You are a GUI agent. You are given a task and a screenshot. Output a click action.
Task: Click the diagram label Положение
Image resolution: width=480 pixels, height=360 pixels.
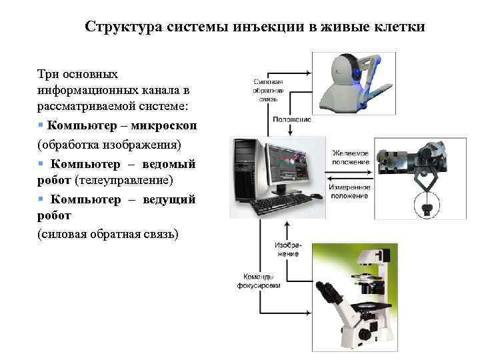[291, 119]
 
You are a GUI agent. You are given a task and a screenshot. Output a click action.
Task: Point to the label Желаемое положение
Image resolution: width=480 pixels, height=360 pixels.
[351, 157]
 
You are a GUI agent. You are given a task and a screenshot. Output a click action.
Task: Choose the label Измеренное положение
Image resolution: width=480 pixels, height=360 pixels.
[351, 191]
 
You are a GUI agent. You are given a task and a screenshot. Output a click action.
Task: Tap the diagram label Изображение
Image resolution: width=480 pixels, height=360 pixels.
[287, 249]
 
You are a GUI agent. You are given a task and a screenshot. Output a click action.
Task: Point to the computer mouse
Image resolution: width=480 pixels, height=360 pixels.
[316, 196]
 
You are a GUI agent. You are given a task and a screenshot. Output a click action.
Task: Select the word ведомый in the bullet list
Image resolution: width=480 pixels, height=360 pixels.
[169, 164]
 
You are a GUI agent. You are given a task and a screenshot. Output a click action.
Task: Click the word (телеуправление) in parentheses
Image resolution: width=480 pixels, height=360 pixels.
[124, 180]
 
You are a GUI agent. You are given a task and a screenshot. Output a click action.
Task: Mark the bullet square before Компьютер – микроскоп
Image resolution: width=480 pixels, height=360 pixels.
[41, 125]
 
